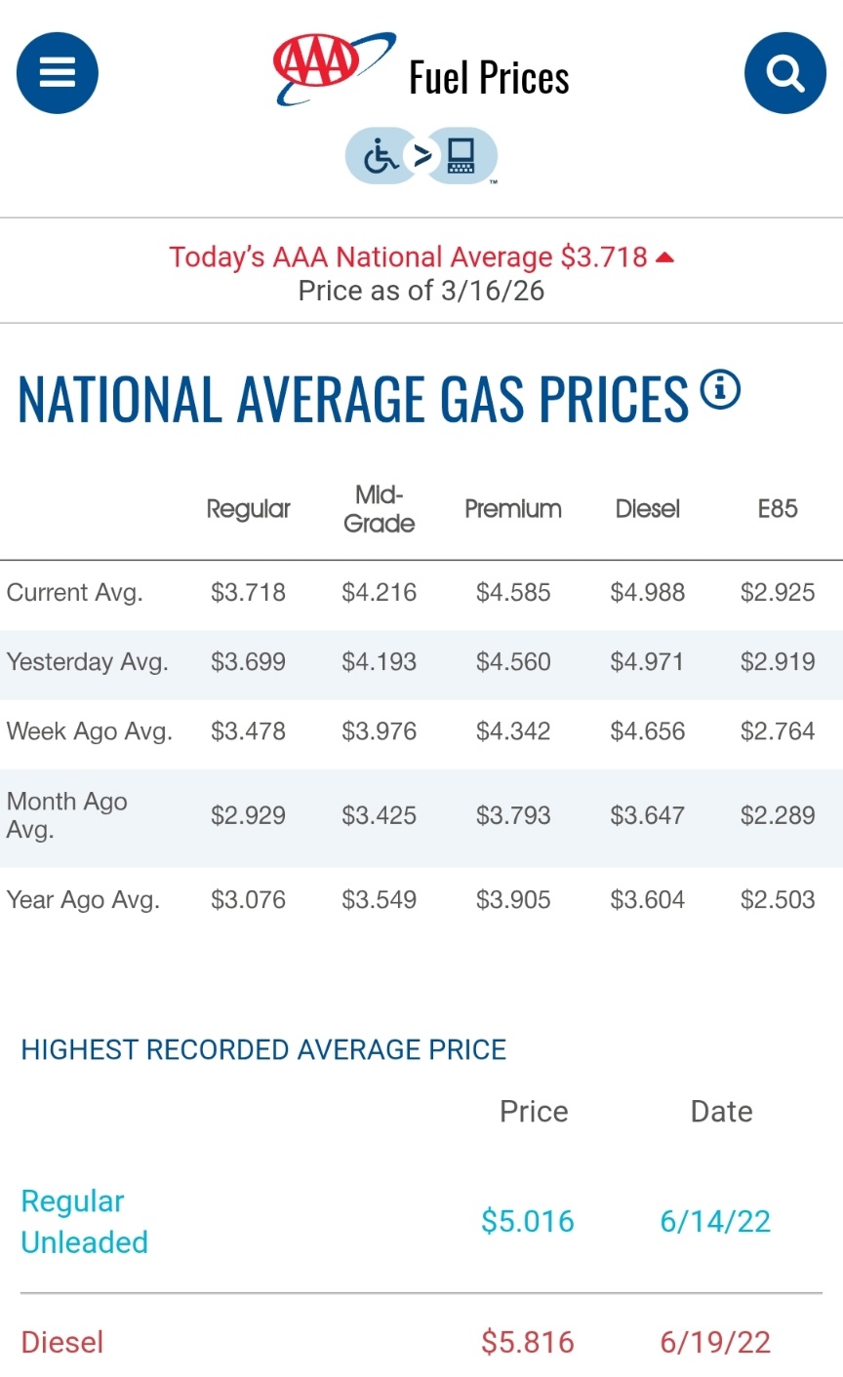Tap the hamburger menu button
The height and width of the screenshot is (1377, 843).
[58, 73]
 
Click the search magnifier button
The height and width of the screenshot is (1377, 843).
[784, 73]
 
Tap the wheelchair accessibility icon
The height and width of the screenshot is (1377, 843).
[380, 156]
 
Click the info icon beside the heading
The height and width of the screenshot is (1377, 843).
[720, 390]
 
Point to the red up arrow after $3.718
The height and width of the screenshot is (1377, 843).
[665, 257]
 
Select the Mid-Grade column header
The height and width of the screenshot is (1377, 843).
[379, 509]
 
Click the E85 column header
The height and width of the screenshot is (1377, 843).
[777, 509]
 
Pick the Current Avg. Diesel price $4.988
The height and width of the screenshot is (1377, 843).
[647, 592]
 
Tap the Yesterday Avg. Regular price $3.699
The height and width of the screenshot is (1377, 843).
[248, 662]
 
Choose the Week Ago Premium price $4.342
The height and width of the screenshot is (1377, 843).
[512, 731]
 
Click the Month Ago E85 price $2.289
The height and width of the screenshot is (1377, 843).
[777, 815]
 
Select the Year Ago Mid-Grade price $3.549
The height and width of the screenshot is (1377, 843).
[379, 899]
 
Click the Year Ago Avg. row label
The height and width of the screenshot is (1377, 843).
[83, 899]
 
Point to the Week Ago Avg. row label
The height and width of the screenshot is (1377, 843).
[89, 731]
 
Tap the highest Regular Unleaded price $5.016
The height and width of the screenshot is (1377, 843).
[527, 1221]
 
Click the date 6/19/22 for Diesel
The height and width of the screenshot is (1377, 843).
[715, 1342]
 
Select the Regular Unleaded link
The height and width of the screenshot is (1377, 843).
[84, 1222]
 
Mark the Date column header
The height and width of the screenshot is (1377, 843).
[721, 1112]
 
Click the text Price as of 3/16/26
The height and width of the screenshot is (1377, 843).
[421, 291]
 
